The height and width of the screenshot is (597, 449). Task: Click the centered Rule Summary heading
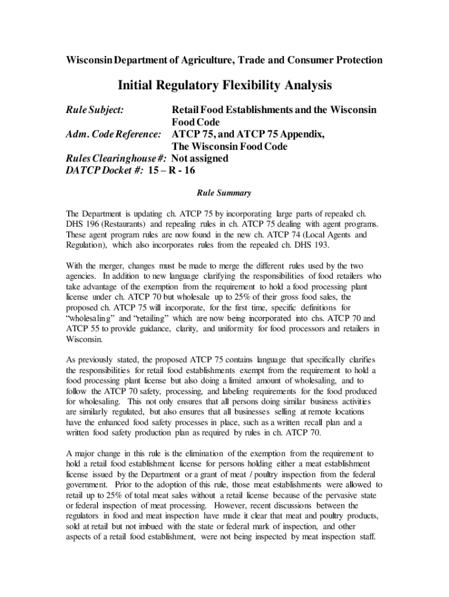click(224, 194)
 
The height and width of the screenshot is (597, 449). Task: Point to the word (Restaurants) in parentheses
click(124, 223)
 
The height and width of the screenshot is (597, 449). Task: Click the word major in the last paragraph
click(87, 453)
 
